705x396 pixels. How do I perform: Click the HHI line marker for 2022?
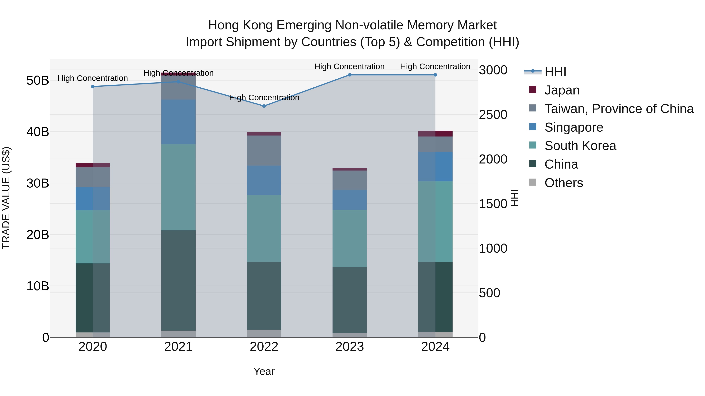pyautogui.click(x=264, y=106)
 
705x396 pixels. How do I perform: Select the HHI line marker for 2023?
pyautogui.click(x=350, y=75)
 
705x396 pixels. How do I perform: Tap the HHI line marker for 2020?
pyautogui.click(x=93, y=87)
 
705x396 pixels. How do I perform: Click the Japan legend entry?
pyautogui.click(x=562, y=90)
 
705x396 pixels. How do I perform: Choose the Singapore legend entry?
pyautogui.click(x=573, y=127)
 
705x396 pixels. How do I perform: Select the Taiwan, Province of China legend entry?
pyautogui.click(x=618, y=109)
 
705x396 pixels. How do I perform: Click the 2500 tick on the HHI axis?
pyautogui.click(x=493, y=115)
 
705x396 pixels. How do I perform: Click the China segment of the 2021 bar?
pyautogui.click(x=178, y=280)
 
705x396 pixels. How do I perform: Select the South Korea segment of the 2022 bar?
pyautogui.click(x=264, y=228)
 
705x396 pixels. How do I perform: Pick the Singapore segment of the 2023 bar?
pyautogui.click(x=350, y=200)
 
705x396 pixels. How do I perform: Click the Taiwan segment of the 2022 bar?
pyautogui.click(x=264, y=150)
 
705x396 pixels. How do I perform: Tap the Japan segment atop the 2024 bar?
pyautogui.click(x=435, y=133)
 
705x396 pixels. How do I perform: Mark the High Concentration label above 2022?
pyautogui.click(x=264, y=98)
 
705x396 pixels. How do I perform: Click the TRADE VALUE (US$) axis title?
pyautogui.click(x=6, y=198)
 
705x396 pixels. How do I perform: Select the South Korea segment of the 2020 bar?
pyautogui.click(x=93, y=237)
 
